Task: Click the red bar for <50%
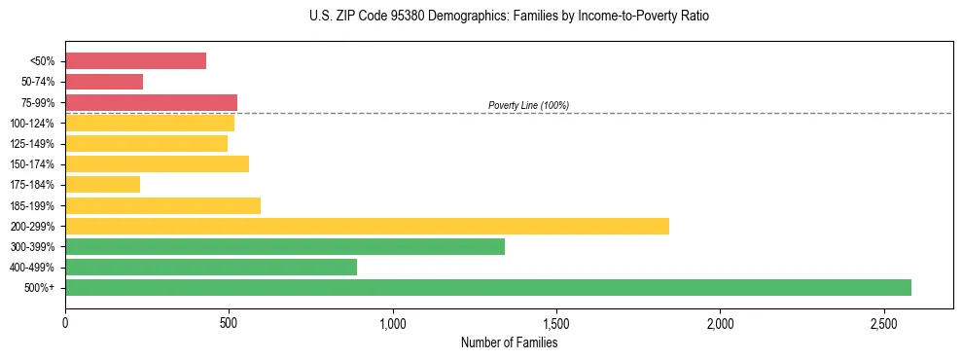(x=135, y=61)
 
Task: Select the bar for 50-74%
(x=104, y=82)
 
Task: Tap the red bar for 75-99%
(x=151, y=102)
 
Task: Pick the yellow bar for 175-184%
(x=102, y=184)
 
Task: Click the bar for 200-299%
(x=367, y=226)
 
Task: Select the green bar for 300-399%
(x=285, y=246)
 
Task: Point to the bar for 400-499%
(x=211, y=267)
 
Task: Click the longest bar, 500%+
(x=488, y=287)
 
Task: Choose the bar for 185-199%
(x=162, y=205)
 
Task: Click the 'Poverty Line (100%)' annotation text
(x=528, y=105)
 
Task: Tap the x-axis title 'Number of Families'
(x=509, y=342)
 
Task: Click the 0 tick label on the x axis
(x=65, y=322)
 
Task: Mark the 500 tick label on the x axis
(x=229, y=322)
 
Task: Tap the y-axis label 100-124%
(x=32, y=124)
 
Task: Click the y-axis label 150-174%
(x=32, y=164)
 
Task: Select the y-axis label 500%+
(x=40, y=288)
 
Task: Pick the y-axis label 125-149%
(x=32, y=144)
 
